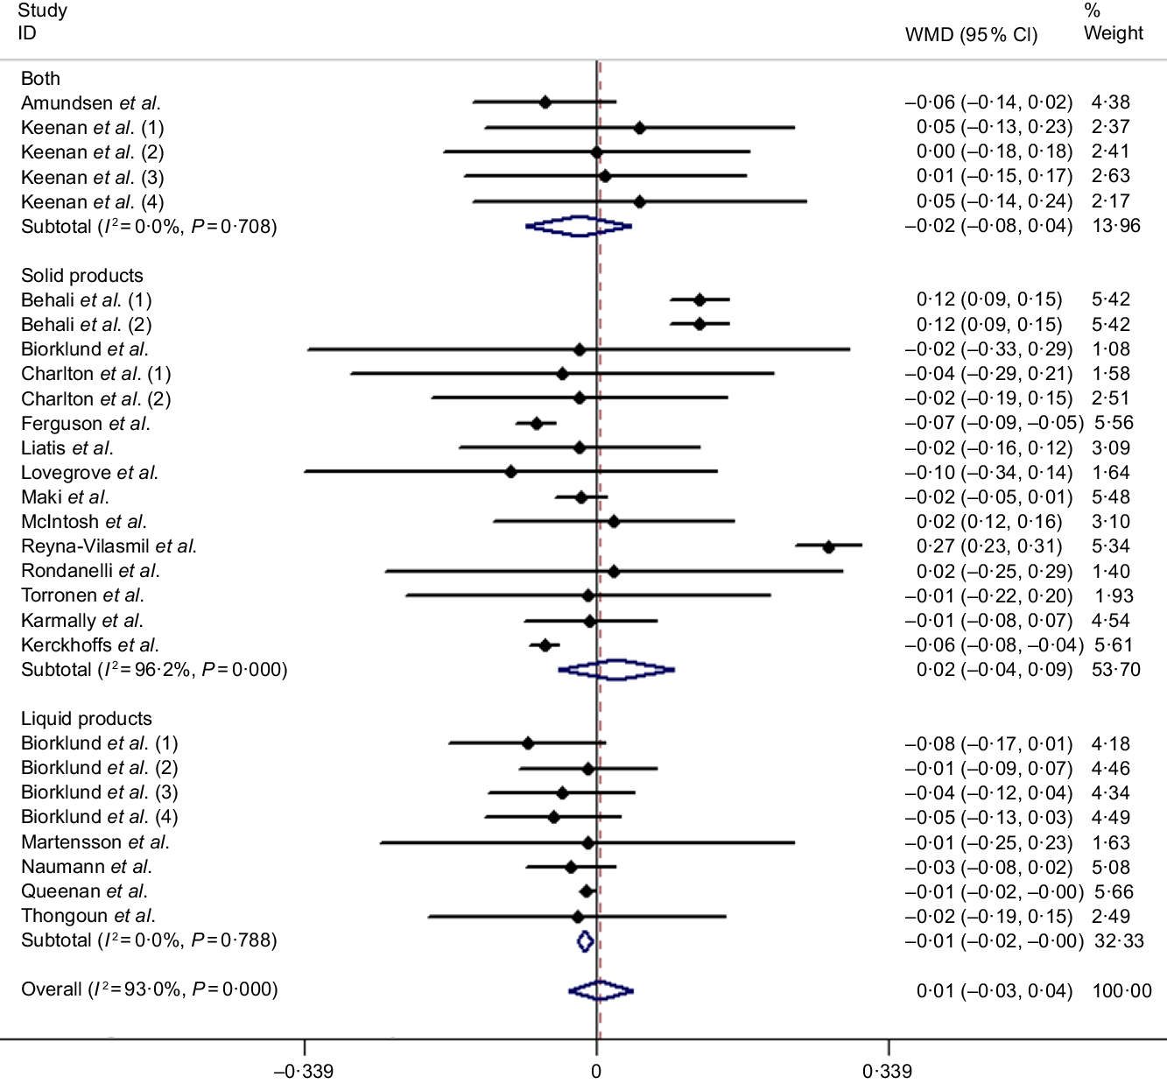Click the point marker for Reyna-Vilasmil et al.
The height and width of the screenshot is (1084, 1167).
(828, 546)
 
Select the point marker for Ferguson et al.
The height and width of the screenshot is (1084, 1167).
(537, 424)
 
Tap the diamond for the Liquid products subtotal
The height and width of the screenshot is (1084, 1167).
(586, 941)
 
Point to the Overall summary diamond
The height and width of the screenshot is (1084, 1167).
(601, 990)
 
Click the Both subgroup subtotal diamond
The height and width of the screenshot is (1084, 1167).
(579, 226)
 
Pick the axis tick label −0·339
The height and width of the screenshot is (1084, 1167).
(304, 1071)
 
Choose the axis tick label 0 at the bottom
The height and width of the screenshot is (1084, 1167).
(596, 1071)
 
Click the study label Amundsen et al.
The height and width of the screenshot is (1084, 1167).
(91, 103)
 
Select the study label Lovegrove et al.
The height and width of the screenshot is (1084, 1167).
(89, 473)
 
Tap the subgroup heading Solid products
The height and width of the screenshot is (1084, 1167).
(82, 276)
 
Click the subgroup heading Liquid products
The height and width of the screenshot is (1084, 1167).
(87, 719)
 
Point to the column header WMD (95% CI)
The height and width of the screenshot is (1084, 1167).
(971, 35)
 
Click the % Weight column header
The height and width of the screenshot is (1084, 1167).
(1113, 23)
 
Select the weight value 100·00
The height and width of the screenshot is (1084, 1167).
(1122, 991)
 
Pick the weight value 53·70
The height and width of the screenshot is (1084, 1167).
(1116, 670)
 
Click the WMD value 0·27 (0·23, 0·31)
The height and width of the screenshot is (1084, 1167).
(989, 546)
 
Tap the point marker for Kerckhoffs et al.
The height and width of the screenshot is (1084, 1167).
(545, 645)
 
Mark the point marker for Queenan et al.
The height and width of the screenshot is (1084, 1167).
(587, 891)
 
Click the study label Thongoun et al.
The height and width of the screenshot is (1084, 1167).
(88, 916)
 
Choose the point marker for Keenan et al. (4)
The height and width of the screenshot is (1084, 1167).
(639, 201)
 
